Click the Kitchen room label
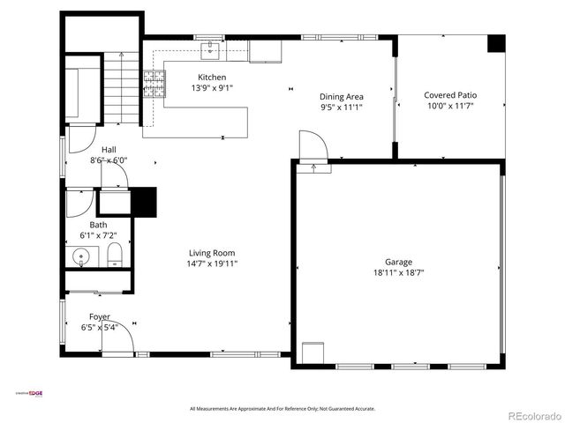pos(211,78)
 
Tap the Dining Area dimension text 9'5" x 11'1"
pos(341,107)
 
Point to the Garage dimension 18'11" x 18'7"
pos(398,273)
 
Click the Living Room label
pos(211,253)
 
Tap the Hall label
pos(109,150)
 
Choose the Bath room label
pos(97,225)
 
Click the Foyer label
pos(99,316)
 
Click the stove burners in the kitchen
pos(155,85)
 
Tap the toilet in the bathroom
pos(114,257)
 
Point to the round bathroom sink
pos(81,258)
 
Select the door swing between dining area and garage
pos(313,145)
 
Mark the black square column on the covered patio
pos(496,44)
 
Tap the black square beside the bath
pos(143,202)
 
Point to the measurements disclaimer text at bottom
pos(282,409)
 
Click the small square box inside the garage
pos(313,352)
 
